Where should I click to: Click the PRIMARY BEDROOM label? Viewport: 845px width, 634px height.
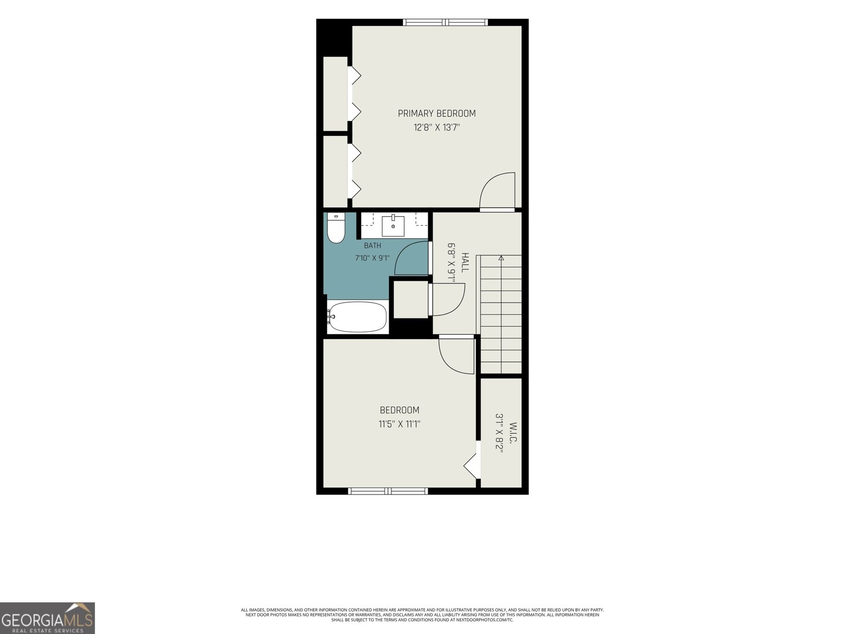[437, 114]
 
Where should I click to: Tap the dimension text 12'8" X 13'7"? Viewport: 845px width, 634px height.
[437, 127]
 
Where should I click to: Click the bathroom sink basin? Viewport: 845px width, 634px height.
[393, 226]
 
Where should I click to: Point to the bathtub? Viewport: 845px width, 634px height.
[357, 317]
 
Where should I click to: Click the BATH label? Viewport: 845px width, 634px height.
[373, 246]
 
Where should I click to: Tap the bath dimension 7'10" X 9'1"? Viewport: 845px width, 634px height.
[372, 258]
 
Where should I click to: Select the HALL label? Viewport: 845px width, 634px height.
[465, 263]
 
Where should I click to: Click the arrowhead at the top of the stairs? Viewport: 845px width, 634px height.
[501, 258]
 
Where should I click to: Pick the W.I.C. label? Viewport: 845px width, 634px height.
[513, 433]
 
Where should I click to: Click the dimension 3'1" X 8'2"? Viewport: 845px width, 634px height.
[499, 433]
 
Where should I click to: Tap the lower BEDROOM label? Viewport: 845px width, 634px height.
[400, 410]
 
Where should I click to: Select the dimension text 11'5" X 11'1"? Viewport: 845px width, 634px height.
[399, 424]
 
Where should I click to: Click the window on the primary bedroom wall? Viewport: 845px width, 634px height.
[445, 22]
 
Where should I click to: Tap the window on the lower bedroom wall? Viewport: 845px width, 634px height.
[388, 491]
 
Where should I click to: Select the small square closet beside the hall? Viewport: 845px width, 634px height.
[411, 300]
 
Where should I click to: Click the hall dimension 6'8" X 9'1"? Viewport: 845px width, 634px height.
[452, 263]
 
